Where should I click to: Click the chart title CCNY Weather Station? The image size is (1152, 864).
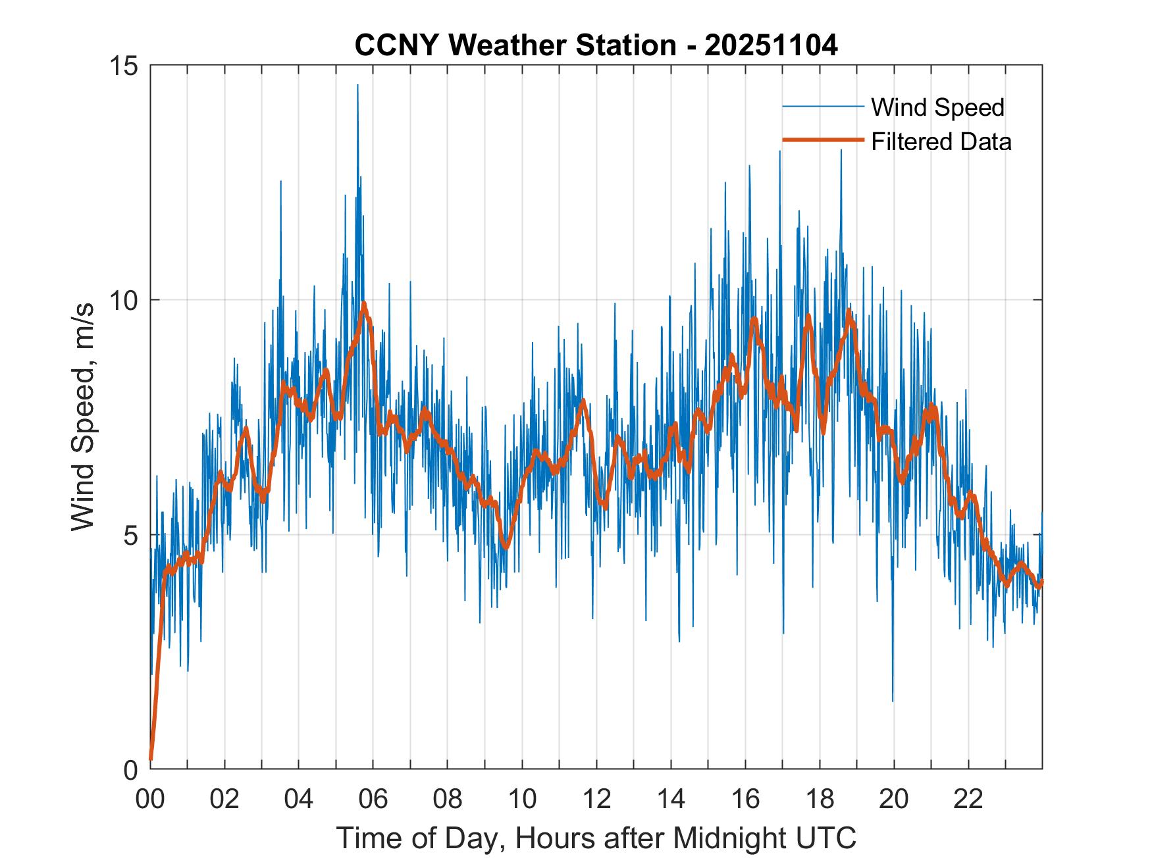pyautogui.click(x=515, y=45)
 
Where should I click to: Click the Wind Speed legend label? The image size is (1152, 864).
pyautogui.click(x=937, y=107)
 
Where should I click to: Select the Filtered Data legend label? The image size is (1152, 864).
pyautogui.click(x=941, y=141)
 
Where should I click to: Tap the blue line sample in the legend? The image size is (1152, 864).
pyautogui.click(x=822, y=107)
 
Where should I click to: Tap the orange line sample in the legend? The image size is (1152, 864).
pyautogui.click(x=822, y=140)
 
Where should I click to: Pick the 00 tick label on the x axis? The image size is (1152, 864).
pyautogui.click(x=150, y=800)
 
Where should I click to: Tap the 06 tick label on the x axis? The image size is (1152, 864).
pyautogui.click(x=373, y=800)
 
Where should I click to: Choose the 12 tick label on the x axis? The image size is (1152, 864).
pyautogui.click(x=596, y=800)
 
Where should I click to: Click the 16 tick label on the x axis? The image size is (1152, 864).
pyautogui.click(x=745, y=800)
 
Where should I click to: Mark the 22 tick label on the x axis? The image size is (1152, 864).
pyautogui.click(x=968, y=800)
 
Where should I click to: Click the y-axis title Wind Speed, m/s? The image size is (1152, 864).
pyautogui.click(x=83, y=417)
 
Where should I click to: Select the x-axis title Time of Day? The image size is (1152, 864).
pyautogui.click(x=596, y=838)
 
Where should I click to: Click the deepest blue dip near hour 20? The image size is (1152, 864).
pyautogui.click(x=893, y=700)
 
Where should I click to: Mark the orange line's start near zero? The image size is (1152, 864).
pyautogui.click(x=151, y=759)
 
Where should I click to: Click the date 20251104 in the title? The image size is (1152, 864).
pyautogui.click(x=771, y=45)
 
